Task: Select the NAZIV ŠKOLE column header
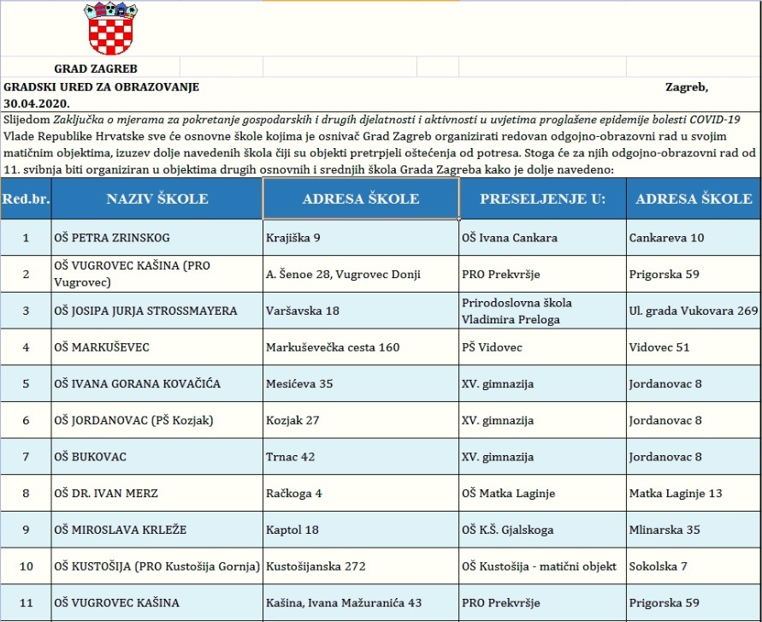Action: (157, 198)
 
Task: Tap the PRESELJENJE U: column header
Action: (542, 198)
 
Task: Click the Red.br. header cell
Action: (25, 198)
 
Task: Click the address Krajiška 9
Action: (293, 237)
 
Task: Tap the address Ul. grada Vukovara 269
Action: (693, 311)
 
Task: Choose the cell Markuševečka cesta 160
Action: (333, 347)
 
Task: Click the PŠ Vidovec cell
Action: (492, 347)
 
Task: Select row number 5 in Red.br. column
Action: (26, 383)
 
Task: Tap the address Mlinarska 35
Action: (664, 530)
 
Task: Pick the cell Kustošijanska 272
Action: (309, 566)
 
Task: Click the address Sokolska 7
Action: (658, 566)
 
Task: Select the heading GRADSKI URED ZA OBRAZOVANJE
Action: (102, 87)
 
